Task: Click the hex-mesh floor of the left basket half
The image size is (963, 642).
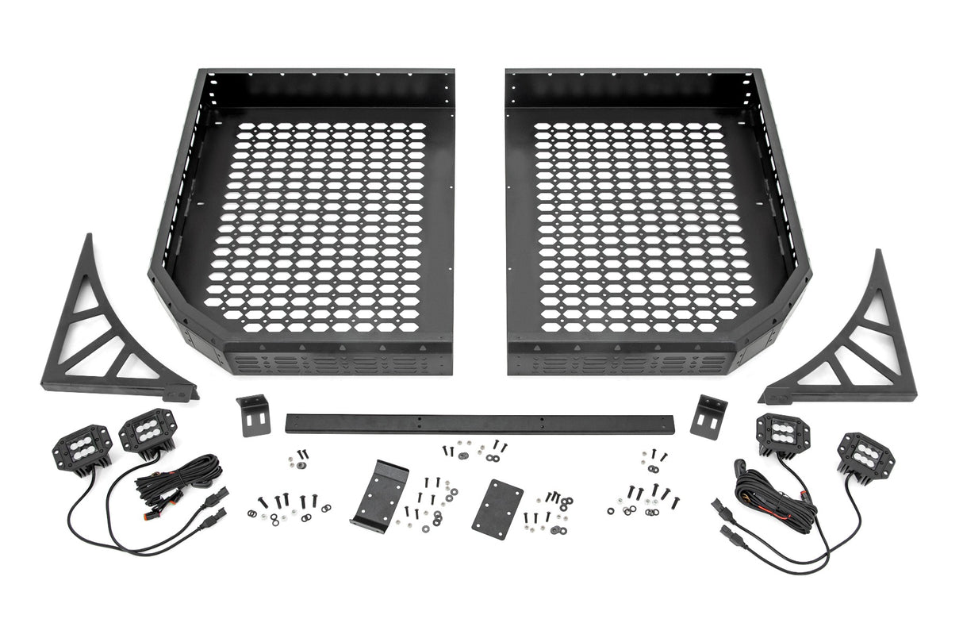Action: tap(317, 226)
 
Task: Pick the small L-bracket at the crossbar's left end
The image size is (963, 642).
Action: tap(253, 414)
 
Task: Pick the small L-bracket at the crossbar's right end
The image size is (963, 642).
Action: tap(709, 415)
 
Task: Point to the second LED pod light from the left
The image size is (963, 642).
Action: tap(147, 431)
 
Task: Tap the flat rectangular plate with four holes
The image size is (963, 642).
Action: tap(497, 509)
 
